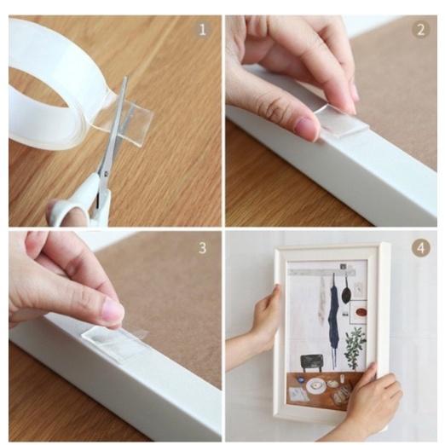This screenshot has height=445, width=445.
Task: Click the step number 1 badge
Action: tap(202, 30)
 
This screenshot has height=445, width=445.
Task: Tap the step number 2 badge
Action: tap(421, 30)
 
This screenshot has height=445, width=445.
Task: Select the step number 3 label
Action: tap(202, 248)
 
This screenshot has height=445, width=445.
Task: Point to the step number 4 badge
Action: tap(421, 248)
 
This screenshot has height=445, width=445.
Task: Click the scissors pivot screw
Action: tap(106, 173)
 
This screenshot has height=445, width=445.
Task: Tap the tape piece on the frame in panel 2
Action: tap(343, 122)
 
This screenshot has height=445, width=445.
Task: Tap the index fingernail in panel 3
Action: tap(115, 309)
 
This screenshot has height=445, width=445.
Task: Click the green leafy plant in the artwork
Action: tap(355, 347)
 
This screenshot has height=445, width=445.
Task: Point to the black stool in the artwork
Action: tap(312, 362)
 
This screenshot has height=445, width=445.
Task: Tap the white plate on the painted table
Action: tap(315, 385)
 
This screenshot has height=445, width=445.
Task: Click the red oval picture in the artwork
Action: tap(362, 313)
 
